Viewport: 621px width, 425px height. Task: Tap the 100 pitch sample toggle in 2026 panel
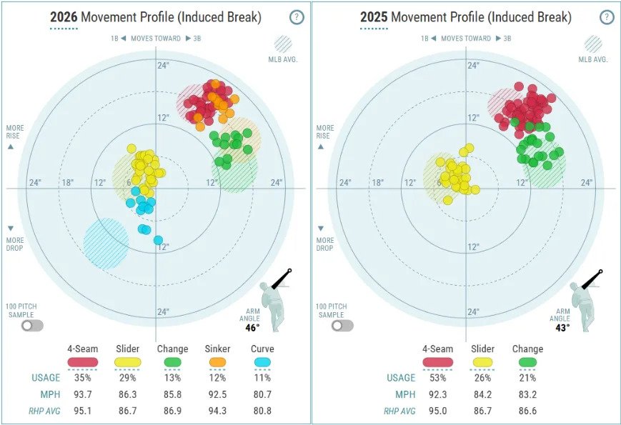point(32,325)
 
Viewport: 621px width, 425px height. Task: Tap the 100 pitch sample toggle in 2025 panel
point(342,325)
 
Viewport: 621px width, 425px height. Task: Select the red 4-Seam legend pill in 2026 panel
point(82,362)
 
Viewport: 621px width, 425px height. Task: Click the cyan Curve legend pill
point(262,362)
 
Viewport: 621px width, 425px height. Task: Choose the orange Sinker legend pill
point(217,362)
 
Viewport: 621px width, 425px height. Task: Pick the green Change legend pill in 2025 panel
point(527,362)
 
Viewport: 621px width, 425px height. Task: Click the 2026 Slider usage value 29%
point(127,378)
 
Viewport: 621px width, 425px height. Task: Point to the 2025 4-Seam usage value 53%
point(437,378)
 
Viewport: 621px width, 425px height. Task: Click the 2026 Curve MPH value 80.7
point(262,394)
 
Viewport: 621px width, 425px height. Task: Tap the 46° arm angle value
point(253,328)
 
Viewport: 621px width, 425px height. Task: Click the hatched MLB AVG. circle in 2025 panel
point(594,45)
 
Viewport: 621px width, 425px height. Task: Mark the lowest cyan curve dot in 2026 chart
point(158,240)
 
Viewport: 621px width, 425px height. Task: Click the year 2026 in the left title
point(64,16)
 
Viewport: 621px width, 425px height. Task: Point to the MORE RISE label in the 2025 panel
point(324,131)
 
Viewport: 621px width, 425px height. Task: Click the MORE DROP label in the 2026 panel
point(14,244)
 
